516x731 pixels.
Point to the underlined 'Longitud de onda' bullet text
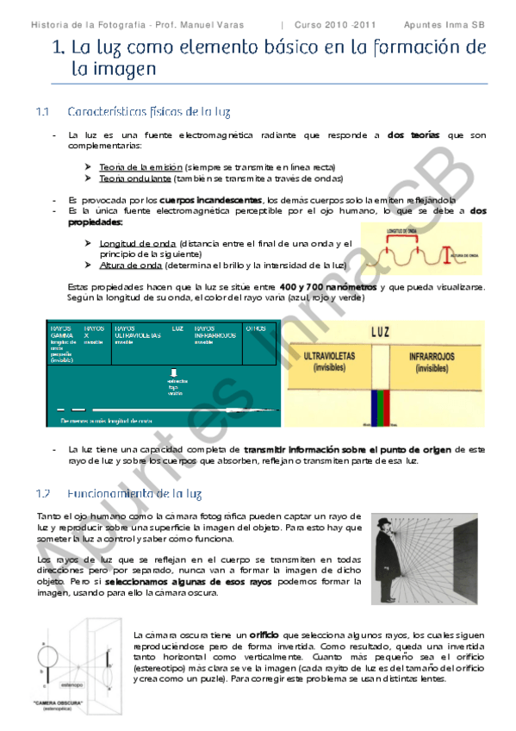point(134,244)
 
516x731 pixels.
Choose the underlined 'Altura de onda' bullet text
point(128,266)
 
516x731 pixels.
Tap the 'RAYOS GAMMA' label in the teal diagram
point(62,332)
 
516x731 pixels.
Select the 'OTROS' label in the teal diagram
point(256,328)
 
